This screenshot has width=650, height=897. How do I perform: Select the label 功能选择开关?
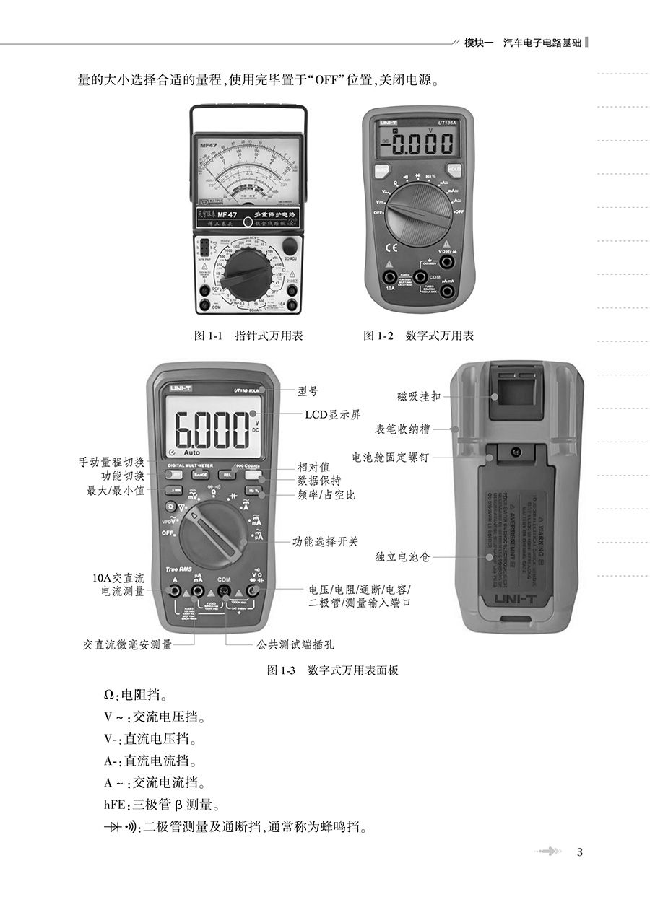coord(325,541)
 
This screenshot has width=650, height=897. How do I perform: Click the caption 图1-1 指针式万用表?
coord(248,336)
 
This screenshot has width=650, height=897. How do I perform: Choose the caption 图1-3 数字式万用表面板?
coord(332,670)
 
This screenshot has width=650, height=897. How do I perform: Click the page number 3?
coord(580,852)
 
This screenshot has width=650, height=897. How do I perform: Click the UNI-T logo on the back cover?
coord(515,598)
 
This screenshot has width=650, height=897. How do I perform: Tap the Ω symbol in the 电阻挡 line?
coord(109,695)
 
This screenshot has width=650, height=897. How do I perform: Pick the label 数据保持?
coord(319,481)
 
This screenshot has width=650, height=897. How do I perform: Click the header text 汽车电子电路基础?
coord(542,43)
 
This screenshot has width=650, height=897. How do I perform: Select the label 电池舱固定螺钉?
coord(390,457)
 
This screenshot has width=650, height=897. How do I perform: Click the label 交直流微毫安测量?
coord(127,644)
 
